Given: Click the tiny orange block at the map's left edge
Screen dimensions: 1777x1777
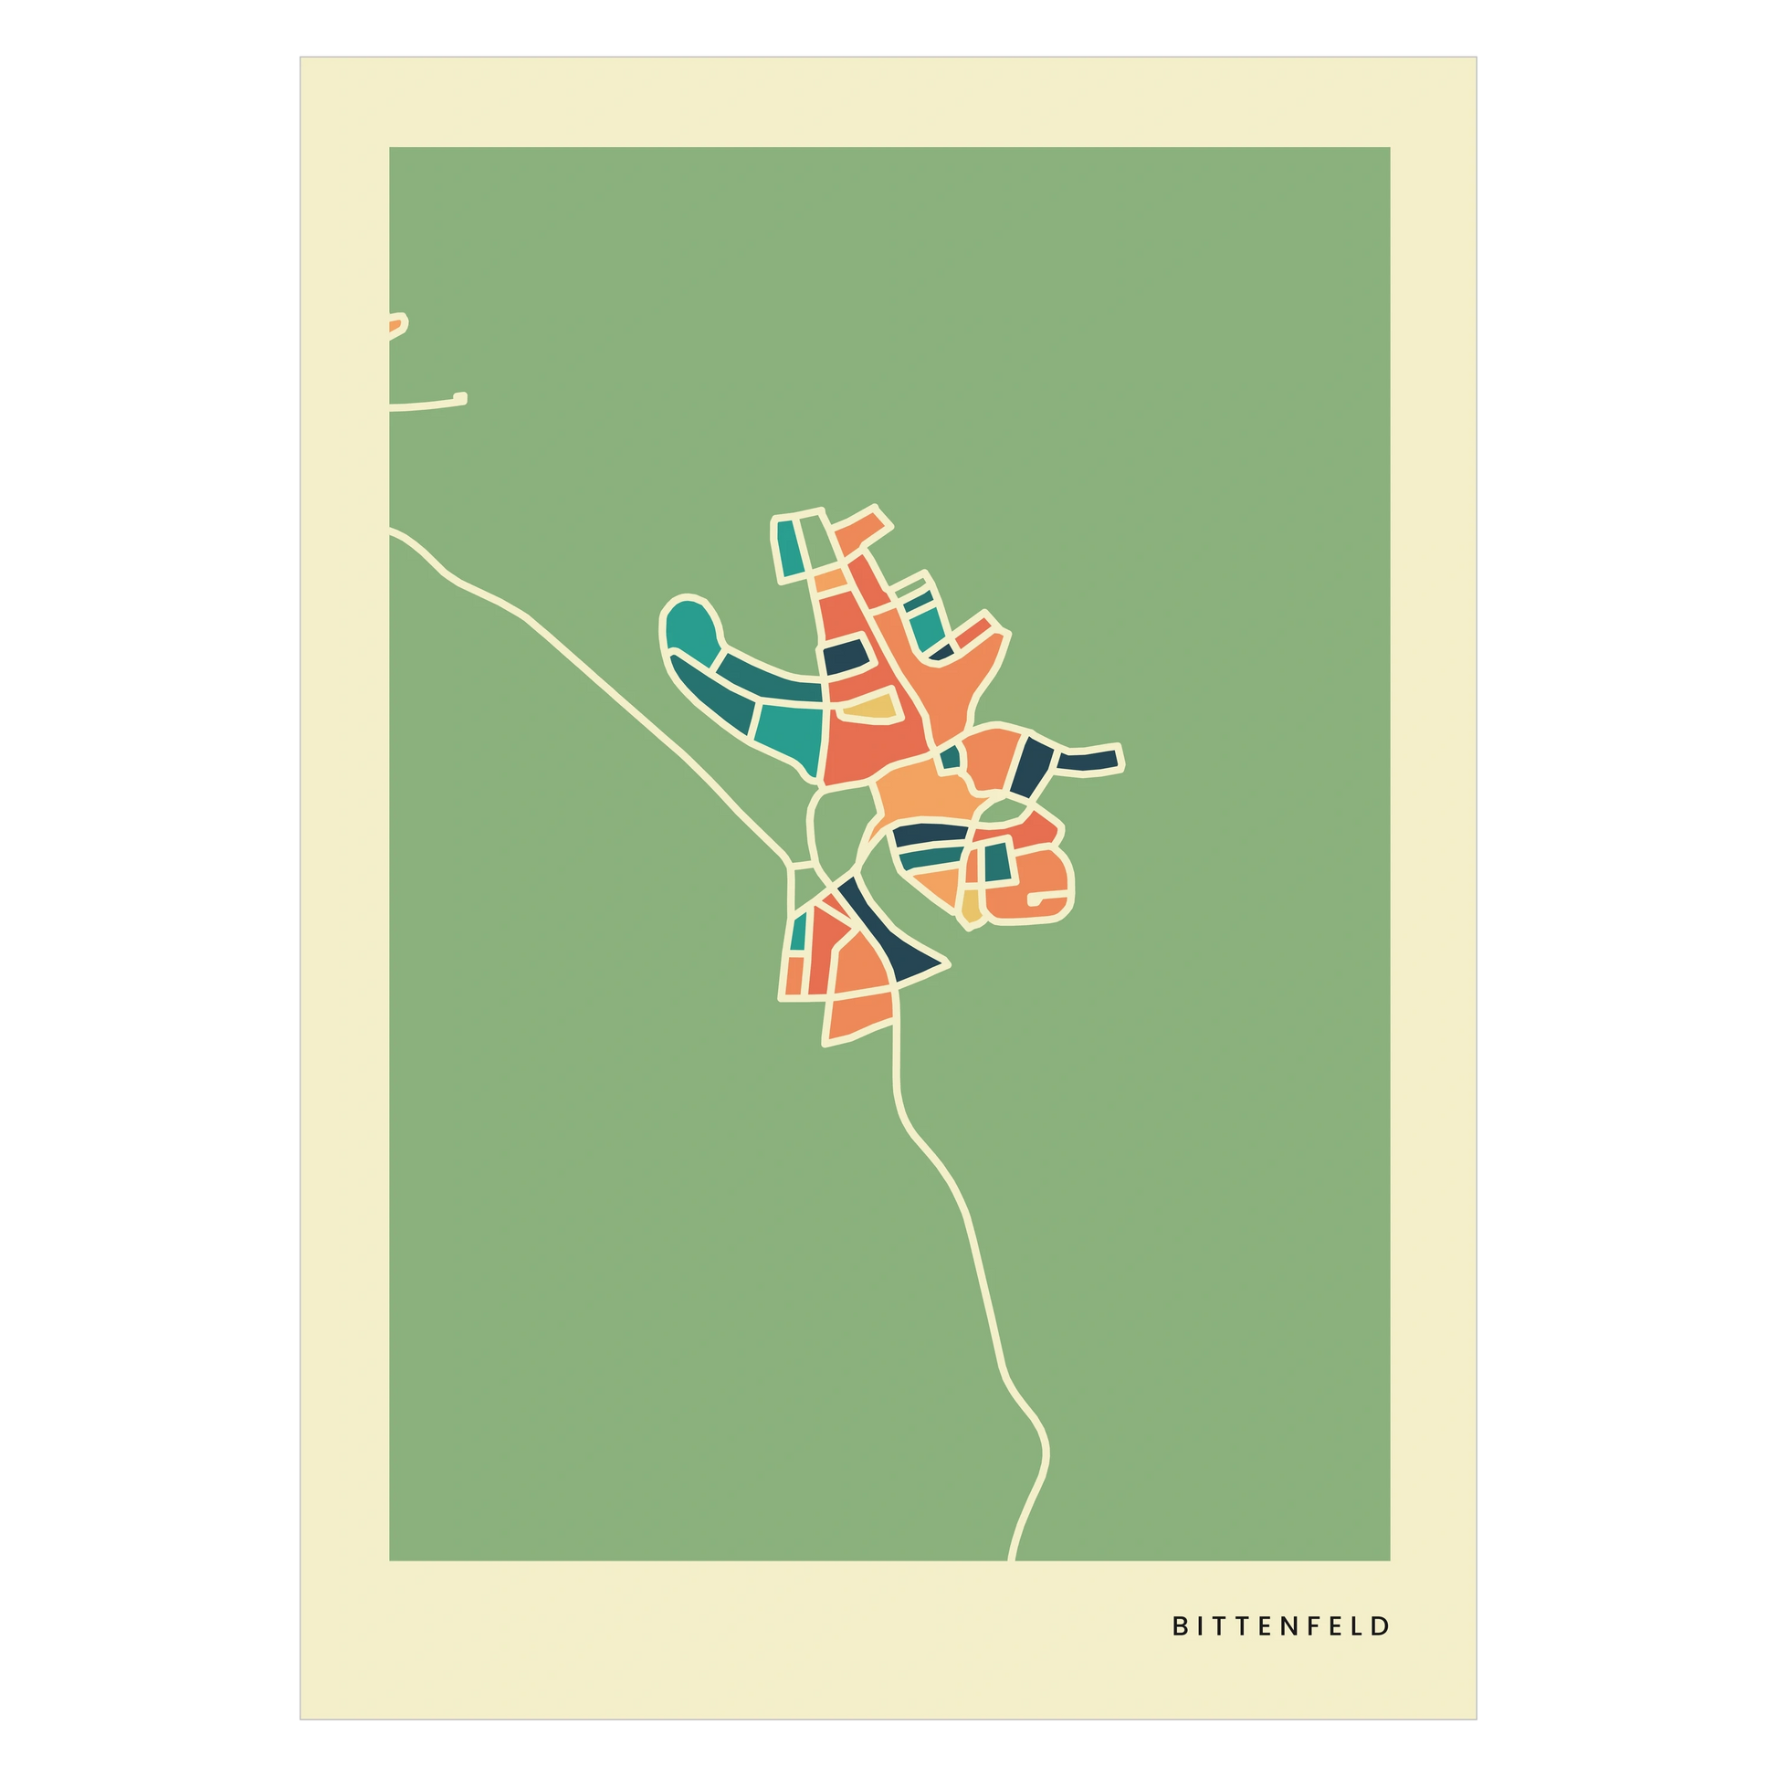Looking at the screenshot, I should [395, 324].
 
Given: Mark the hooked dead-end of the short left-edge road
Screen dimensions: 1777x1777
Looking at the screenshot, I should [461, 398].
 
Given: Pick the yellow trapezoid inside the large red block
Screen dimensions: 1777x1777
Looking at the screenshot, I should [867, 708].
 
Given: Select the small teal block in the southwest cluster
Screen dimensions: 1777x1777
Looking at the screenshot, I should [798, 931].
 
